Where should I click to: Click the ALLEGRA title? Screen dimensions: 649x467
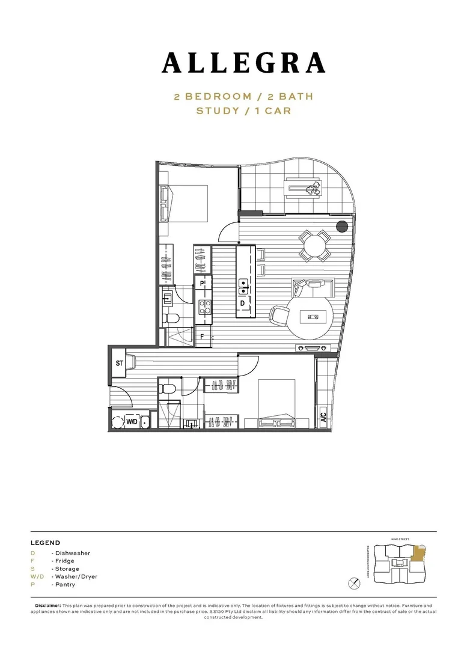click(x=243, y=63)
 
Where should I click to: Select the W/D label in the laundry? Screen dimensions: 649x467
click(x=132, y=422)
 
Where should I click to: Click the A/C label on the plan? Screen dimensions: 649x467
click(x=323, y=415)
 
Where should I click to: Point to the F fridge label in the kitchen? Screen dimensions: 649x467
click(x=203, y=337)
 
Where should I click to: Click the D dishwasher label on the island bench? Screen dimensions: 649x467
click(x=242, y=303)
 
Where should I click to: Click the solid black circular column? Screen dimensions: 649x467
click(x=342, y=227)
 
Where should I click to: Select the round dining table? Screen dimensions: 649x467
click(x=315, y=246)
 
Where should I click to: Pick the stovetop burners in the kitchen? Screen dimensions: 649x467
click(x=204, y=307)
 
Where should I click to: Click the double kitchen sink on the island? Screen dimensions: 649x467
click(x=243, y=287)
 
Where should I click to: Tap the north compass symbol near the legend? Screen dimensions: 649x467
click(x=354, y=582)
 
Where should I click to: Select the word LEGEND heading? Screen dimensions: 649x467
click(x=45, y=543)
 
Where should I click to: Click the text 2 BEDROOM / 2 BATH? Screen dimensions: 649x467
click(x=243, y=96)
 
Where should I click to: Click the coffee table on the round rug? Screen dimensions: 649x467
click(x=314, y=315)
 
